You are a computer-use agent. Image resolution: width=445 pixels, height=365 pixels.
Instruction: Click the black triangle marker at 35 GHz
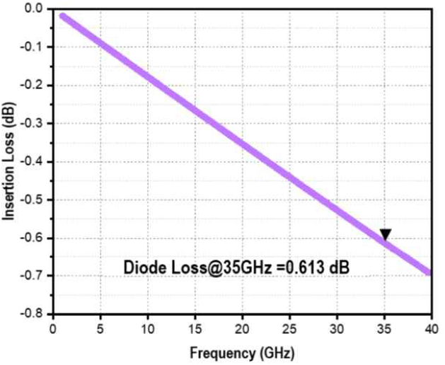(385, 235)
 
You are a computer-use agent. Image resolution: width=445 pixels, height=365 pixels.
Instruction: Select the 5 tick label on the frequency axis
(100, 328)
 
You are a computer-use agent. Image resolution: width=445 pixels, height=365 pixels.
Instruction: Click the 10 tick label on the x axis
(148, 328)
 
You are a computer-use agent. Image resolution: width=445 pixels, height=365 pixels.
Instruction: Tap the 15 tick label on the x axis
(195, 328)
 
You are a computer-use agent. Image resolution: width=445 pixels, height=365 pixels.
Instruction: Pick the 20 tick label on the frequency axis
(243, 328)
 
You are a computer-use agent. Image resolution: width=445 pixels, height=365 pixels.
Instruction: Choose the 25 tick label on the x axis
(290, 328)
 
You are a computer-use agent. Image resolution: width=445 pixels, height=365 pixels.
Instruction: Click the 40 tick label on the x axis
(431, 328)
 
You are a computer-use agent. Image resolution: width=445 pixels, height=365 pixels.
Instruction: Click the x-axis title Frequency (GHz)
(241, 352)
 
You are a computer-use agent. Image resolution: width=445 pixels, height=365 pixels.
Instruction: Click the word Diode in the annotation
(143, 268)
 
